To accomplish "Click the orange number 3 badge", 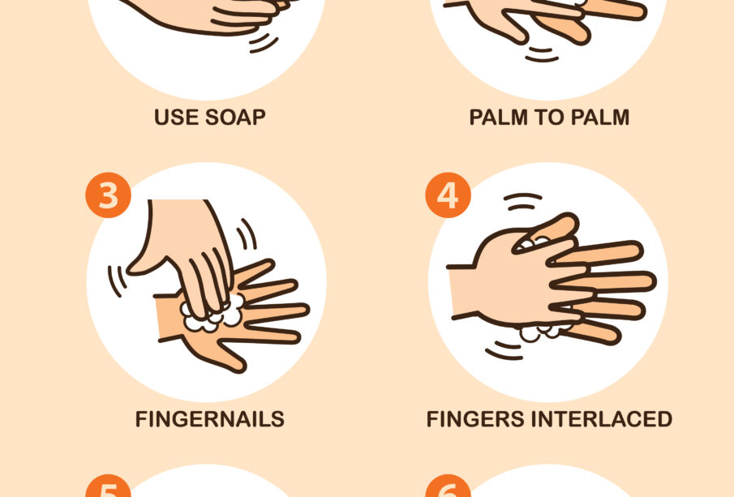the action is point(108,195).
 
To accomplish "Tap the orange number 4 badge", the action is point(448,195).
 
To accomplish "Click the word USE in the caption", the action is point(176,117).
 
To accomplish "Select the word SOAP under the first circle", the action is point(235,117).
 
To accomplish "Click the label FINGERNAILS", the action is point(210,419).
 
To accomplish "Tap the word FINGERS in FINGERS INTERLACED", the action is point(475,419).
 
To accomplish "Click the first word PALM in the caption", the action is point(499,117).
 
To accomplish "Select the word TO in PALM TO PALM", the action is point(549,117).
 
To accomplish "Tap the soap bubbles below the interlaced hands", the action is point(543,332).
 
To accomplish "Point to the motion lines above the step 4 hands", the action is point(522,202).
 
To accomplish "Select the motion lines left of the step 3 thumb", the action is point(117,281).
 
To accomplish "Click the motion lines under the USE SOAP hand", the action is point(263,42).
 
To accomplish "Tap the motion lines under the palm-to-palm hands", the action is point(542,55).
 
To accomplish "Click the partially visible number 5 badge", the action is point(108,486).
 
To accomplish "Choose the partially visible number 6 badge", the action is point(448,486).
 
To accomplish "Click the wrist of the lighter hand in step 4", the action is point(462,292).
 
